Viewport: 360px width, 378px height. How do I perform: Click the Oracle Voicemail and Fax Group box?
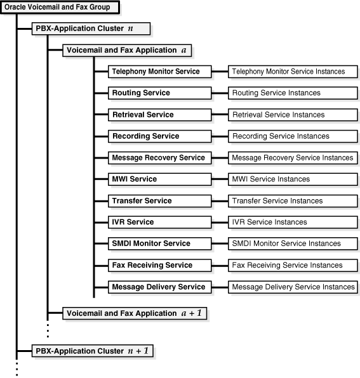coord(58,8)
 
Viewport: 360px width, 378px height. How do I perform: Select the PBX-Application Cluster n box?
coord(91,29)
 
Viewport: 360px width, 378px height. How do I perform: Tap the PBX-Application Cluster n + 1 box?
coord(93,350)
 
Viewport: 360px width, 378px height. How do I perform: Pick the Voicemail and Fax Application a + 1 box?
coord(134,313)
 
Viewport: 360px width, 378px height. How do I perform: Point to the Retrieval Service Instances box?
coord(292,115)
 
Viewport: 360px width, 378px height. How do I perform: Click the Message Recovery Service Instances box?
coord(292,158)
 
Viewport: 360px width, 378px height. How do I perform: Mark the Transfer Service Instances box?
coord(292,201)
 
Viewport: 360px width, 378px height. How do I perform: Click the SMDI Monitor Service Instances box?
coord(292,244)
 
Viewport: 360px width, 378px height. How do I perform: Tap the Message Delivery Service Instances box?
coord(292,287)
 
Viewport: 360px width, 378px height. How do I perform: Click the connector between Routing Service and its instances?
coord(220,93)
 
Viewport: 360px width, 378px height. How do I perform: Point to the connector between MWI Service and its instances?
coord(220,179)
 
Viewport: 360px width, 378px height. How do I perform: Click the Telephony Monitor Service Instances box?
coord(292,72)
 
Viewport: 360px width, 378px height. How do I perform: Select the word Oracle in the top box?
coord(16,8)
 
